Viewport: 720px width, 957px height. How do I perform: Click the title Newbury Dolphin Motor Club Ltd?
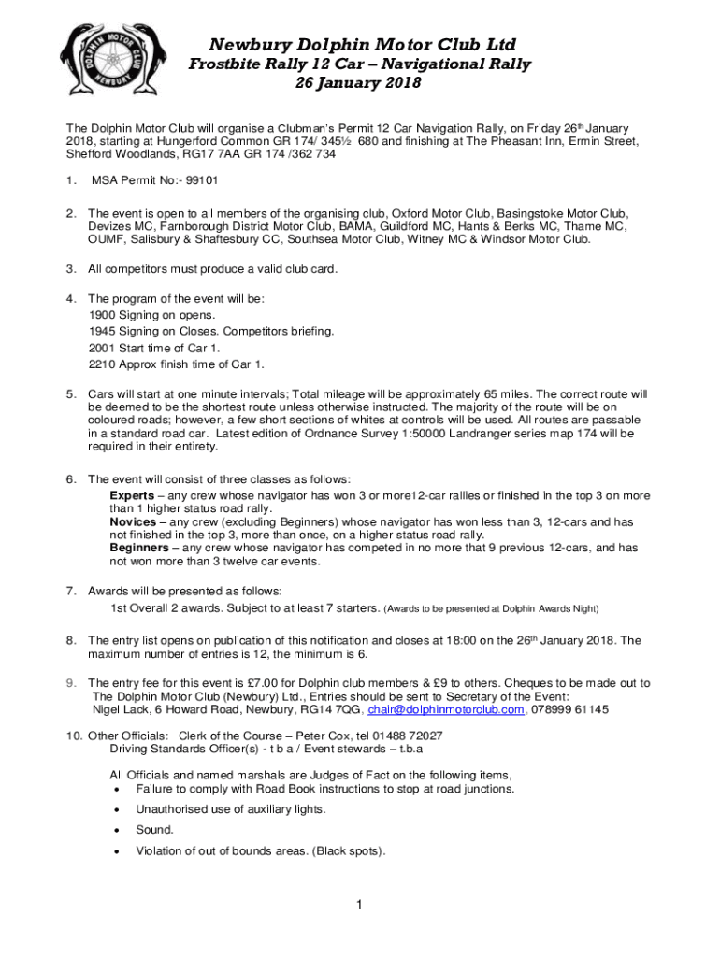[x=362, y=45]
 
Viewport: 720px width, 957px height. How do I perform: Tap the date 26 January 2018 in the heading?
[x=358, y=83]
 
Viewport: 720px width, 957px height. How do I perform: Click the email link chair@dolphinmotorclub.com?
[x=445, y=709]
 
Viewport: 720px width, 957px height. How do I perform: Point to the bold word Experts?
[x=133, y=495]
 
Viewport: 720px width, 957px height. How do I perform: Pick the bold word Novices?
[x=134, y=521]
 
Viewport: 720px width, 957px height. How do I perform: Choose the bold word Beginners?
[x=140, y=548]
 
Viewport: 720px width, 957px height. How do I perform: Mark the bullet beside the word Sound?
[x=115, y=830]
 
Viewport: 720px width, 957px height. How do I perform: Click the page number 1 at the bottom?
[x=359, y=905]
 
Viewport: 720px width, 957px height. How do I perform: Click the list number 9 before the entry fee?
[x=70, y=683]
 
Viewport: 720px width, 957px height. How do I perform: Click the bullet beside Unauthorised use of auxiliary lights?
[x=115, y=809]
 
